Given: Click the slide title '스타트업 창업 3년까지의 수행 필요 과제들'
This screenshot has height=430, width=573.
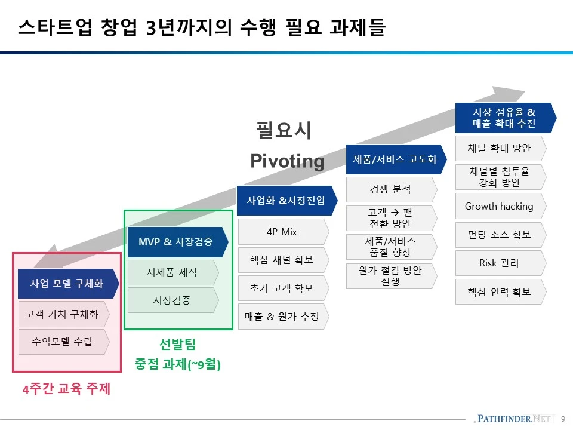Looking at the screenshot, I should [x=201, y=27].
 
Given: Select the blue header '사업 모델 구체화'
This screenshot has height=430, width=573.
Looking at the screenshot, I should [x=66, y=284].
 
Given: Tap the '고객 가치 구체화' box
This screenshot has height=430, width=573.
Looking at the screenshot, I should [x=62, y=314].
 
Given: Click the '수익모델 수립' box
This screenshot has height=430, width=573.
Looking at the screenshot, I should [x=62, y=342].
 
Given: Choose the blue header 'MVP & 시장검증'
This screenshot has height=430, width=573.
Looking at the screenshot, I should [x=176, y=242].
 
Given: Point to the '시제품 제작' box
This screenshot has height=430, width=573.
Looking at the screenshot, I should [x=172, y=272].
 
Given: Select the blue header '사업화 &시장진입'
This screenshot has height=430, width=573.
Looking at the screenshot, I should [x=286, y=200].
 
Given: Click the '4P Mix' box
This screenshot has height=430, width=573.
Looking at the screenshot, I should [x=282, y=232].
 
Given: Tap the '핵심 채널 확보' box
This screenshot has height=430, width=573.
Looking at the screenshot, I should [x=282, y=260].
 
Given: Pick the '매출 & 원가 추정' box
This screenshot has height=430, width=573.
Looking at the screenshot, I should [x=282, y=317].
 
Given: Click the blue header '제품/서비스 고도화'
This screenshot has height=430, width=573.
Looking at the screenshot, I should [x=395, y=159].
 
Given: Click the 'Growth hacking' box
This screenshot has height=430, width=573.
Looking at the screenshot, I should [x=499, y=206].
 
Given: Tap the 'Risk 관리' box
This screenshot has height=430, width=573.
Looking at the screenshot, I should [x=499, y=263].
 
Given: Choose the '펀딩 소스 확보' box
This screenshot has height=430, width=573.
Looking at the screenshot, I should [x=499, y=235].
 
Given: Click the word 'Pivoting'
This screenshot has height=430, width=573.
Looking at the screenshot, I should [x=287, y=161].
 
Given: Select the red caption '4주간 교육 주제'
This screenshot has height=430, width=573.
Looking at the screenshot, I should [x=67, y=389].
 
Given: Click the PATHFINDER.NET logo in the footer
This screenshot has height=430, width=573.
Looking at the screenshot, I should [x=513, y=419].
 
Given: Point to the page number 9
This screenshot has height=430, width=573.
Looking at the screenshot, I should [x=563, y=419].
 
